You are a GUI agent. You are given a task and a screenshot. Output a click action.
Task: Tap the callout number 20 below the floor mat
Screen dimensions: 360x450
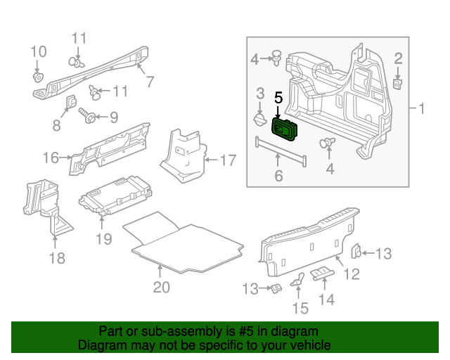(x=161, y=287)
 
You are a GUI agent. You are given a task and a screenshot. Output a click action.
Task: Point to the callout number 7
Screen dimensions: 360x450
(x=149, y=82)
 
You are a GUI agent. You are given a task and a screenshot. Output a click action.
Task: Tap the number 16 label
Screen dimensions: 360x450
(x=50, y=157)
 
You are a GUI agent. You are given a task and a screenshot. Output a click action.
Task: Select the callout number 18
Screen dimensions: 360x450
(x=56, y=258)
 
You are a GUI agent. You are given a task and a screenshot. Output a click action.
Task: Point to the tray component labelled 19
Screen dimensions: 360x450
(x=116, y=194)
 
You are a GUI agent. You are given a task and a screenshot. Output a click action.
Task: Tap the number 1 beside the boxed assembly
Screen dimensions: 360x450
(x=422, y=109)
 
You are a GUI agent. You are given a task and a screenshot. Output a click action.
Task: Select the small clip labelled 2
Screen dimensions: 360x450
(x=397, y=82)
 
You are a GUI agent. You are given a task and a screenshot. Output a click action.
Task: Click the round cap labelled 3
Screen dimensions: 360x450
(x=259, y=121)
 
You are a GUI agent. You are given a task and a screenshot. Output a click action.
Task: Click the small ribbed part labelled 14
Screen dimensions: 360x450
(x=323, y=274)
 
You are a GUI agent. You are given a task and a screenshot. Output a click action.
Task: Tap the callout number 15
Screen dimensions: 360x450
(x=300, y=307)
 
